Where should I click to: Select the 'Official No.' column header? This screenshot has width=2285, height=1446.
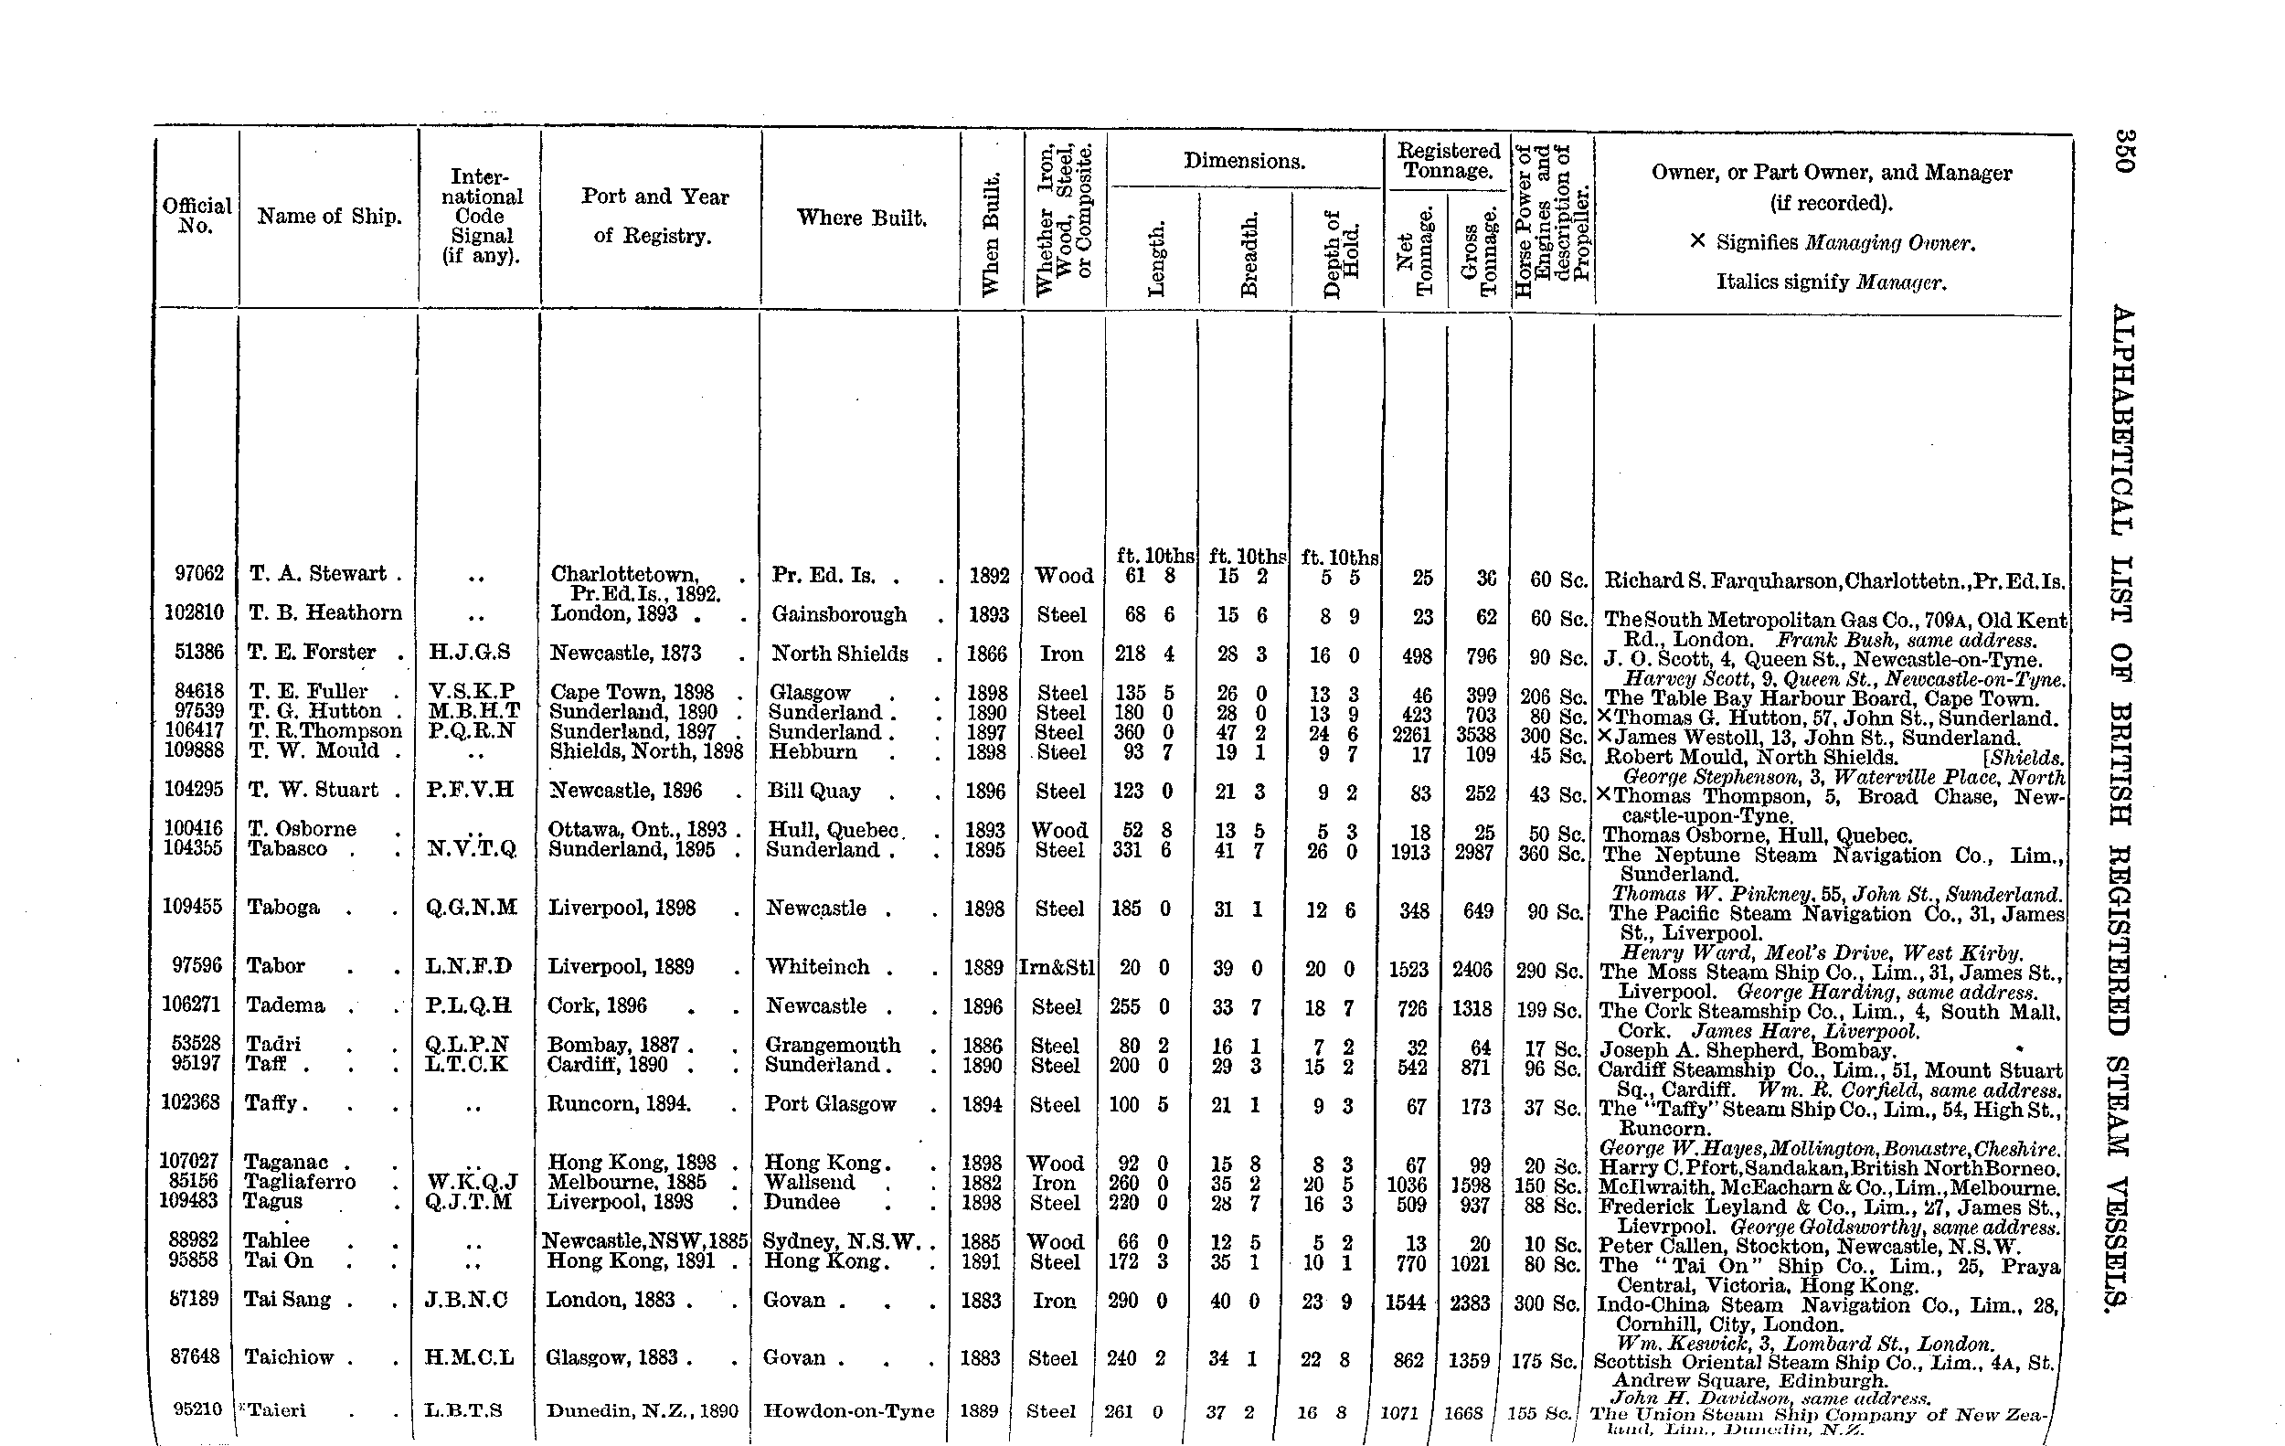[197, 216]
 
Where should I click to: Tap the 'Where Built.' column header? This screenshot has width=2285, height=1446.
[861, 218]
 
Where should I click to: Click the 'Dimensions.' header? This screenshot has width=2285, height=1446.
[1243, 161]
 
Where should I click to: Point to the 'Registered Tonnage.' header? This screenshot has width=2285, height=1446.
[1448, 160]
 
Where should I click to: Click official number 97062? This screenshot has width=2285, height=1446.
[199, 573]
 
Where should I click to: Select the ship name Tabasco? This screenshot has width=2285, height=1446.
[288, 849]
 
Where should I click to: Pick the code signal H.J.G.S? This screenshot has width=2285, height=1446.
[470, 652]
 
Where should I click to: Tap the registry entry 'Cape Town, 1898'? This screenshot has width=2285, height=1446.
[632, 693]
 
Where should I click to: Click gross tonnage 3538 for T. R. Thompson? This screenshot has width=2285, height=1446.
[1476, 734]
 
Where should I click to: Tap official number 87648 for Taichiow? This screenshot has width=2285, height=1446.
[195, 1356]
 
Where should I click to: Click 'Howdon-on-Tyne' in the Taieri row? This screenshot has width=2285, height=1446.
[849, 1411]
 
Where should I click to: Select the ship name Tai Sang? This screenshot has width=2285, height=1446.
[287, 1299]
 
